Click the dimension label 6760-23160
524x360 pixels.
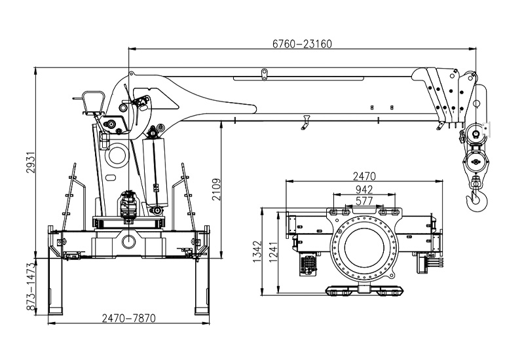[302, 44]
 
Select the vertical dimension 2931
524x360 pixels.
[31, 162]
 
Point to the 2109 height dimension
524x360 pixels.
[217, 189]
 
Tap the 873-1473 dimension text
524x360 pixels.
[31, 287]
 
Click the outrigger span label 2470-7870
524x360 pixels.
[128, 318]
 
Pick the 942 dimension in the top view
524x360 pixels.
[364, 190]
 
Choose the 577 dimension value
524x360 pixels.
[364, 201]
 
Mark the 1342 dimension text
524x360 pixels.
[257, 252]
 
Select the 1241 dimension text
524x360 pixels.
[273, 253]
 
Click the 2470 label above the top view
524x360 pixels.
[364, 176]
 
